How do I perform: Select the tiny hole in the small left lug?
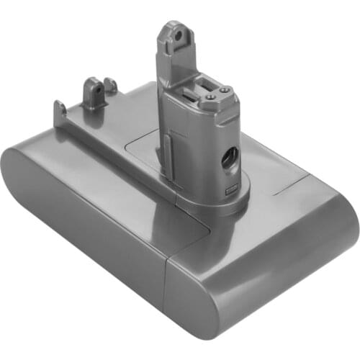pos(94,91)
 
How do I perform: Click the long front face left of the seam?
pos(101,230)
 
